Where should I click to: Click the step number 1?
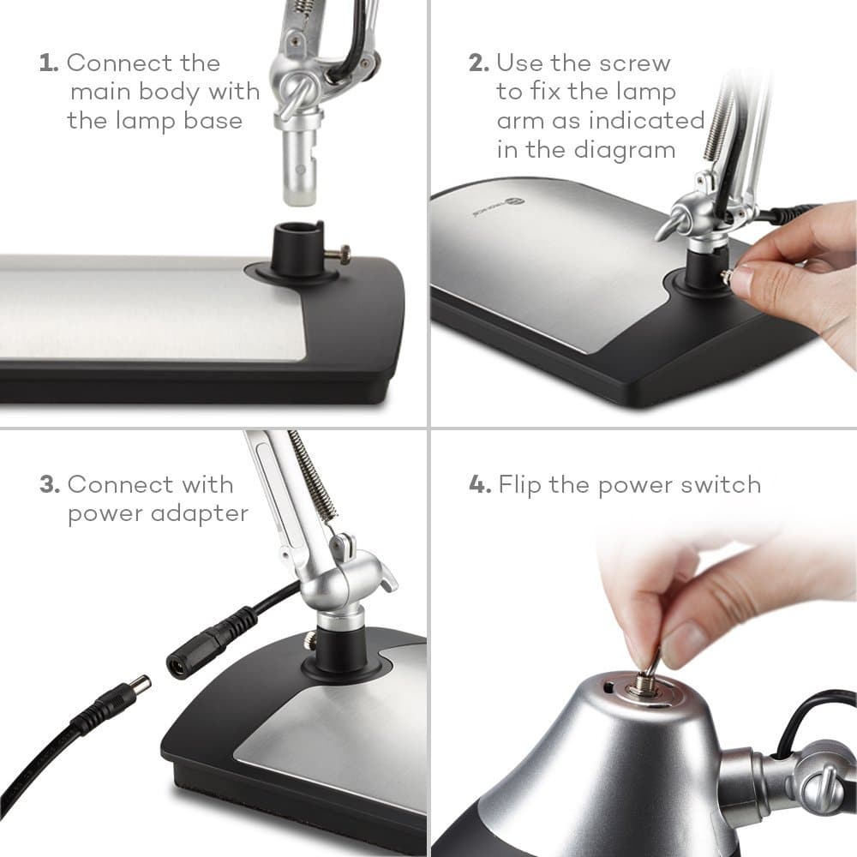(49, 63)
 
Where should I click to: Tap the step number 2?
(479, 63)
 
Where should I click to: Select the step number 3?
(49, 484)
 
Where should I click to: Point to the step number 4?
(479, 484)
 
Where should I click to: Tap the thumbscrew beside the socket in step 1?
(340, 255)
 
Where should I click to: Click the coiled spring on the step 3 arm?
(313, 475)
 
